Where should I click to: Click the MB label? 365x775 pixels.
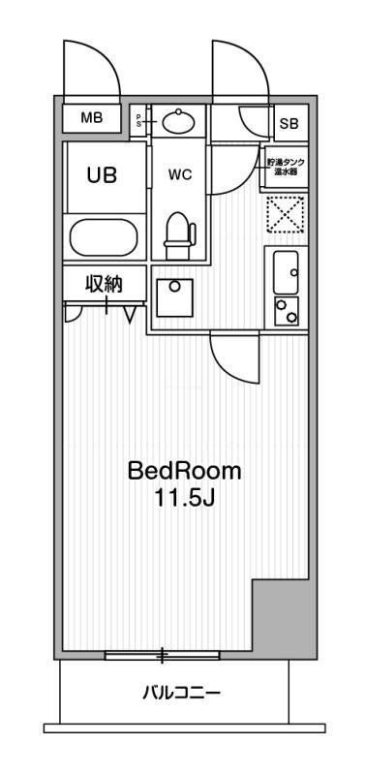click(x=91, y=118)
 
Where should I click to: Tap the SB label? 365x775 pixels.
click(x=289, y=123)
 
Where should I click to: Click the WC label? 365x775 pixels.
click(x=179, y=176)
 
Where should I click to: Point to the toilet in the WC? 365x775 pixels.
click(x=179, y=232)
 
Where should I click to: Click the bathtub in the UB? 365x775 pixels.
click(x=104, y=237)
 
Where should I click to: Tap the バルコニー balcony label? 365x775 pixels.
click(x=182, y=693)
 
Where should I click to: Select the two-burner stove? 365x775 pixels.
click(x=286, y=311)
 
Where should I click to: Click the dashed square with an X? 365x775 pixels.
click(x=286, y=215)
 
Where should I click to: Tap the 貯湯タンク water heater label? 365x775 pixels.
click(x=285, y=167)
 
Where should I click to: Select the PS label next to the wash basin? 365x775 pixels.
click(x=138, y=119)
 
